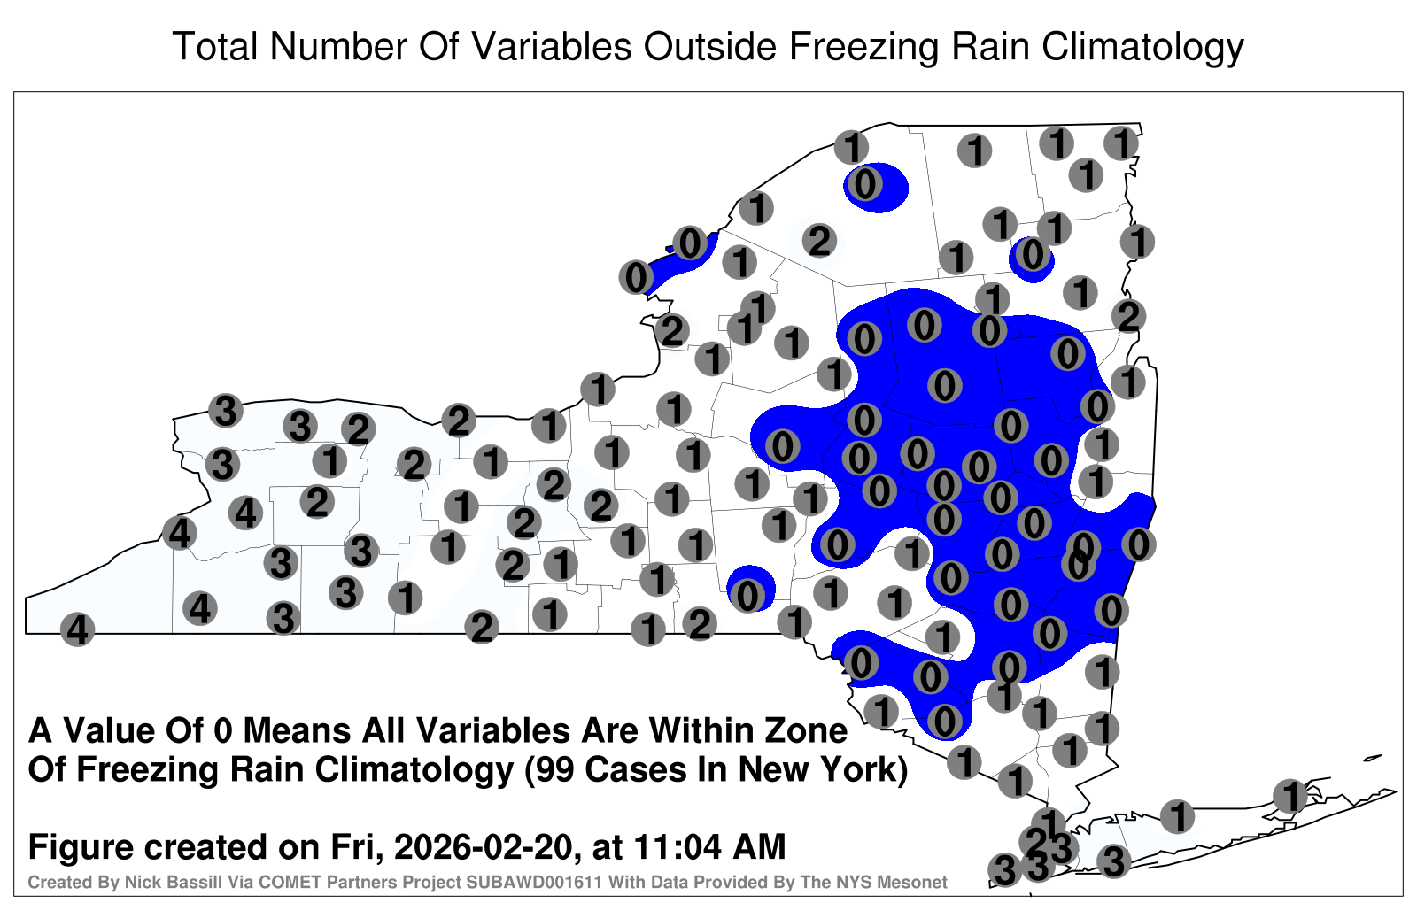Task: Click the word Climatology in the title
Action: click(1142, 48)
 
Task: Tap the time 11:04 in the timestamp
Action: click(677, 847)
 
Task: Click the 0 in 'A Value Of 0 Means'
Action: click(224, 731)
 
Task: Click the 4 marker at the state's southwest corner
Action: click(77, 629)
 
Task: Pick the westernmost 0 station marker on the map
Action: click(637, 277)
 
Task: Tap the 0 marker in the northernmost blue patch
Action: click(864, 185)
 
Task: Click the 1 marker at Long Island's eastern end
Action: click(1289, 796)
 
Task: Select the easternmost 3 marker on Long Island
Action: click(1113, 861)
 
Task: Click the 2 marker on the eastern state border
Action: click(1128, 315)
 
